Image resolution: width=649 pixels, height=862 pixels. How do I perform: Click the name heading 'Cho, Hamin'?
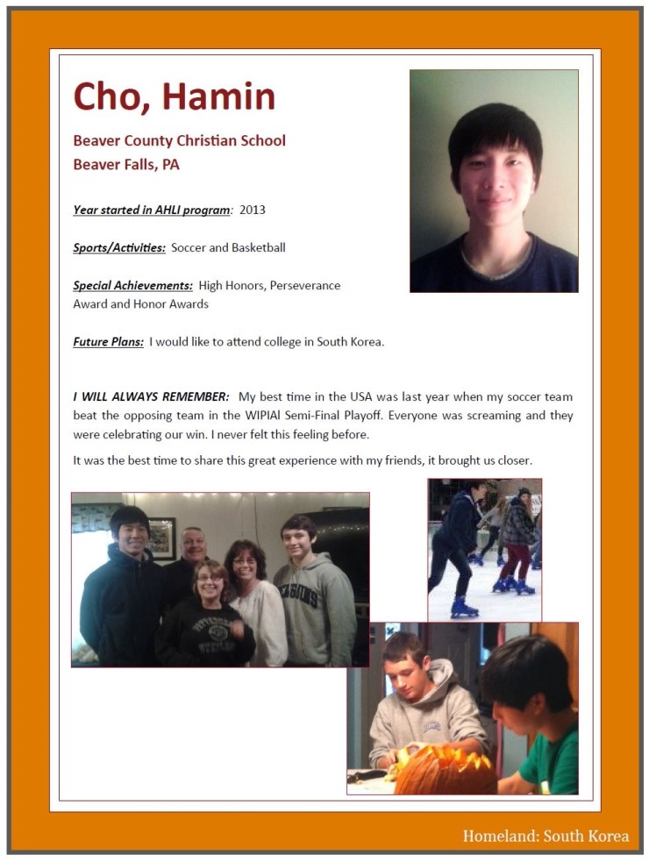coord(174,96)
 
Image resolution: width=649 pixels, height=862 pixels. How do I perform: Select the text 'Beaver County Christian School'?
coord(179,140)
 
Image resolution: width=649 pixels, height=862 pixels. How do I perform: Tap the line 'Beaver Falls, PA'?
coord(126,164)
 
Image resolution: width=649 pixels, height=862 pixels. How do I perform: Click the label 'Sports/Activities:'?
coord(119,248)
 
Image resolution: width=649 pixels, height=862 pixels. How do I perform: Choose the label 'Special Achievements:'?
coord(132,286)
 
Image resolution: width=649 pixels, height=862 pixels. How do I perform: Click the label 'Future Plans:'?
coord(108,342)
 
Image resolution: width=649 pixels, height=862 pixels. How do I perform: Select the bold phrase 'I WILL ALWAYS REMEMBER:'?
coord(151,397)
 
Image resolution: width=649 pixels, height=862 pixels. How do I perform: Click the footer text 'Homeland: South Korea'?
coord(546,836)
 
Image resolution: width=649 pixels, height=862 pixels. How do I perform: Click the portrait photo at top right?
coord(494,181)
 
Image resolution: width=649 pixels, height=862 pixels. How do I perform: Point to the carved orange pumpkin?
coord(443,770)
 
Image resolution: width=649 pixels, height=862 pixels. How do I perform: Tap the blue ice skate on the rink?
coord(464,607)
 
